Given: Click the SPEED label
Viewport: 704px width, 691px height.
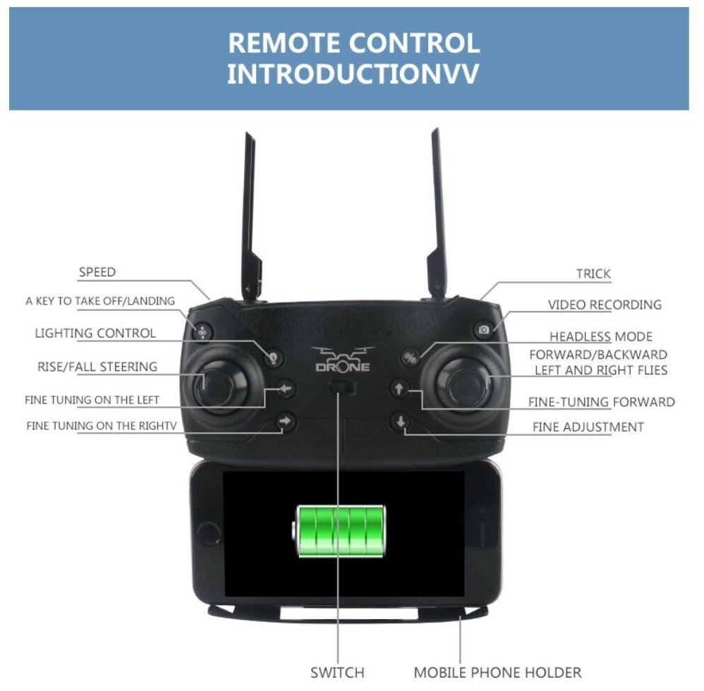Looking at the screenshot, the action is click(x=97, y=272).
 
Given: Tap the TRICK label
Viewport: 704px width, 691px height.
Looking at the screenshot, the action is click(x=593, y=274).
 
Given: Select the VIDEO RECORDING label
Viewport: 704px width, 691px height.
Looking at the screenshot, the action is click(x=605, y=305).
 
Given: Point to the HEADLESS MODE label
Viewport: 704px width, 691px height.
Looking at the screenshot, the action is click(x=601, y=336).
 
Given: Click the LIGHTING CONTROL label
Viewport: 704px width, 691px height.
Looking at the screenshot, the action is click(x=95, y=333).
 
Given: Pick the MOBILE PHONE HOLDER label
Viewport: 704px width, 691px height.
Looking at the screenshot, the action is click(x=497, y=672).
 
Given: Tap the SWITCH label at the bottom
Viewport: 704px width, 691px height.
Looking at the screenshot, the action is click(x=337, y=672).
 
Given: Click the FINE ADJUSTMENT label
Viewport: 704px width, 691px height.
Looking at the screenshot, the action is click(x=588, y=427).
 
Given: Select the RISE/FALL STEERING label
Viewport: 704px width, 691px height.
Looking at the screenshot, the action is click(x=97, y=367).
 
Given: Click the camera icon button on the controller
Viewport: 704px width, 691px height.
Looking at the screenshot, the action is click(x=483, y=330).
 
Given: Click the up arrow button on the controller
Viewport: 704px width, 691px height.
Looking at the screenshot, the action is click(x=399, y=389).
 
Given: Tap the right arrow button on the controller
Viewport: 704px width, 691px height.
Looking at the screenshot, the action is click(x=285, y=422).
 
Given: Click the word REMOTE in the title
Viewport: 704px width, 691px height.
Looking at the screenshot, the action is click(x=285, y=44).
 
